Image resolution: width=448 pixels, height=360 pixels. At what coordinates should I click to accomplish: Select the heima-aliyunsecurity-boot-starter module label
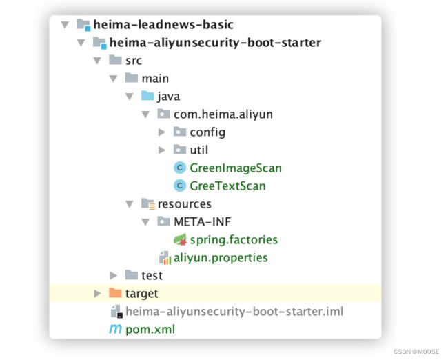[215, 43]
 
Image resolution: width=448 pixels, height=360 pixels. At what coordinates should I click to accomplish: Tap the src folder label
[134, 61]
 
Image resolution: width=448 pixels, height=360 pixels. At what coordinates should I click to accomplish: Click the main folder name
[155, 79]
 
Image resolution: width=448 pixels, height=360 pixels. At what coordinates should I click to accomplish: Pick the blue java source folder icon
[147, 97]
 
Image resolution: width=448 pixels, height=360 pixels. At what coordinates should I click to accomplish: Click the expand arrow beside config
[162, 132]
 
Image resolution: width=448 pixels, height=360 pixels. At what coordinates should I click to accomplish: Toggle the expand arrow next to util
[162, 150]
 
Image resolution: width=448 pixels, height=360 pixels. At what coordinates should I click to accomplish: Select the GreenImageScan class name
[236, 168]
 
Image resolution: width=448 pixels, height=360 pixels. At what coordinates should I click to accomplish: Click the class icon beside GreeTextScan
[181, 186]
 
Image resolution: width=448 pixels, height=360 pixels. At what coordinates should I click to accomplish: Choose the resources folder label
[185, 204]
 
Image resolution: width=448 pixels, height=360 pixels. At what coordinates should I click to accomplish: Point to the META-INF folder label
[203, 222]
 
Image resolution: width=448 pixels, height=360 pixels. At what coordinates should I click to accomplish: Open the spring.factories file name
[234, 240]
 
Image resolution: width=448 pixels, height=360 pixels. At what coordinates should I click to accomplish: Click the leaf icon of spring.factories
[181, 240]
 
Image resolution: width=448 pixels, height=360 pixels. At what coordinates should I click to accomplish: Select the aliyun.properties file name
[221, 258]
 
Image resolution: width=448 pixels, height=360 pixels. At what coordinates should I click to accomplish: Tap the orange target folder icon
[115, 294]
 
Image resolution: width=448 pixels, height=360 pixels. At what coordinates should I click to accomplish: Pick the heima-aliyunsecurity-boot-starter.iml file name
[234, 312]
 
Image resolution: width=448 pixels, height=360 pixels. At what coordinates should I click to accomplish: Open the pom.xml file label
[150, 330]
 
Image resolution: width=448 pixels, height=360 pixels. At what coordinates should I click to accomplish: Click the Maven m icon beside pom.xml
[115, 330]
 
